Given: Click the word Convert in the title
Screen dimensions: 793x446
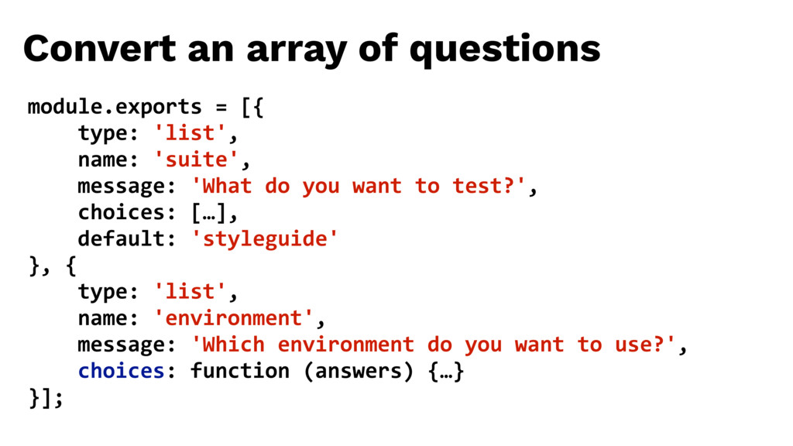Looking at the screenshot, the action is (100, 49).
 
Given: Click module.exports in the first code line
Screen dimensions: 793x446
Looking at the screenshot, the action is (115, 107).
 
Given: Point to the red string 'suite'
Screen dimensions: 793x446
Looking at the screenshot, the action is (196, 160).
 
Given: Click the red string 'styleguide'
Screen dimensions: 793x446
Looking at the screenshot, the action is (265, 239).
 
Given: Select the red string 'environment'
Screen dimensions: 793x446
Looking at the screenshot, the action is (234, 318).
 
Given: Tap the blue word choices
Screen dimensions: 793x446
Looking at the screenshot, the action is (121, 371).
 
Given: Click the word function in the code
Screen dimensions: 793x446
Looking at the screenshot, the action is (240, 371).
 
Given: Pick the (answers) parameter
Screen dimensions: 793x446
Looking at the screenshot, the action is (358, 372).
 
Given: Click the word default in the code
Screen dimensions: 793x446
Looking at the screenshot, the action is (121, 238).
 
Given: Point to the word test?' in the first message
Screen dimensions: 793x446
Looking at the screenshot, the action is (489, 186).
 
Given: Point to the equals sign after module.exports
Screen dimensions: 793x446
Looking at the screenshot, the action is (221, 108).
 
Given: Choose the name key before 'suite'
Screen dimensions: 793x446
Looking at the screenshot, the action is (102, 160).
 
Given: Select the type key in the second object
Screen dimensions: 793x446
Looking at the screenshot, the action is (102, 292).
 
